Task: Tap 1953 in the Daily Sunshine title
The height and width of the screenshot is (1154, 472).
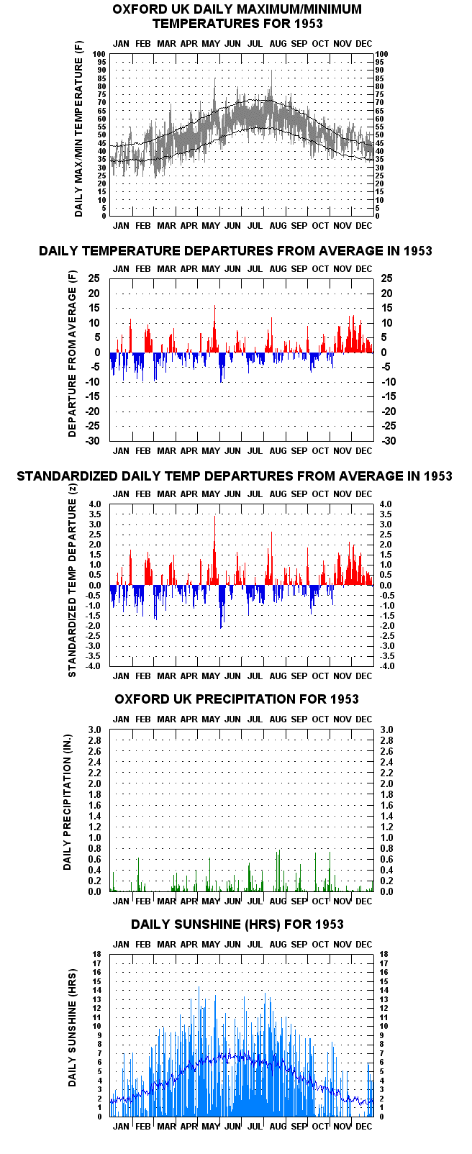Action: [329, 924]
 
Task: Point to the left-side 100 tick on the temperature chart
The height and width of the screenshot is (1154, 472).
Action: [99, 54]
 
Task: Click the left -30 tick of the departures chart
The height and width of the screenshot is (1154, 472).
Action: [93, 441]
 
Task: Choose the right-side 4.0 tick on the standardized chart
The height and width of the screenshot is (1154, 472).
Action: [386, 504]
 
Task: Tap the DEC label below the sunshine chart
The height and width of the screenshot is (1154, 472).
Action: [364, 1127]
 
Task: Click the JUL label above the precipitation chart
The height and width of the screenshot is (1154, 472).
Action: [255, 719]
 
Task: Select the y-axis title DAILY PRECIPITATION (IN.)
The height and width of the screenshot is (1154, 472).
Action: [68, 802]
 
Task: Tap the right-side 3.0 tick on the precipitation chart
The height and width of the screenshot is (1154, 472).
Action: [386, 730]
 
